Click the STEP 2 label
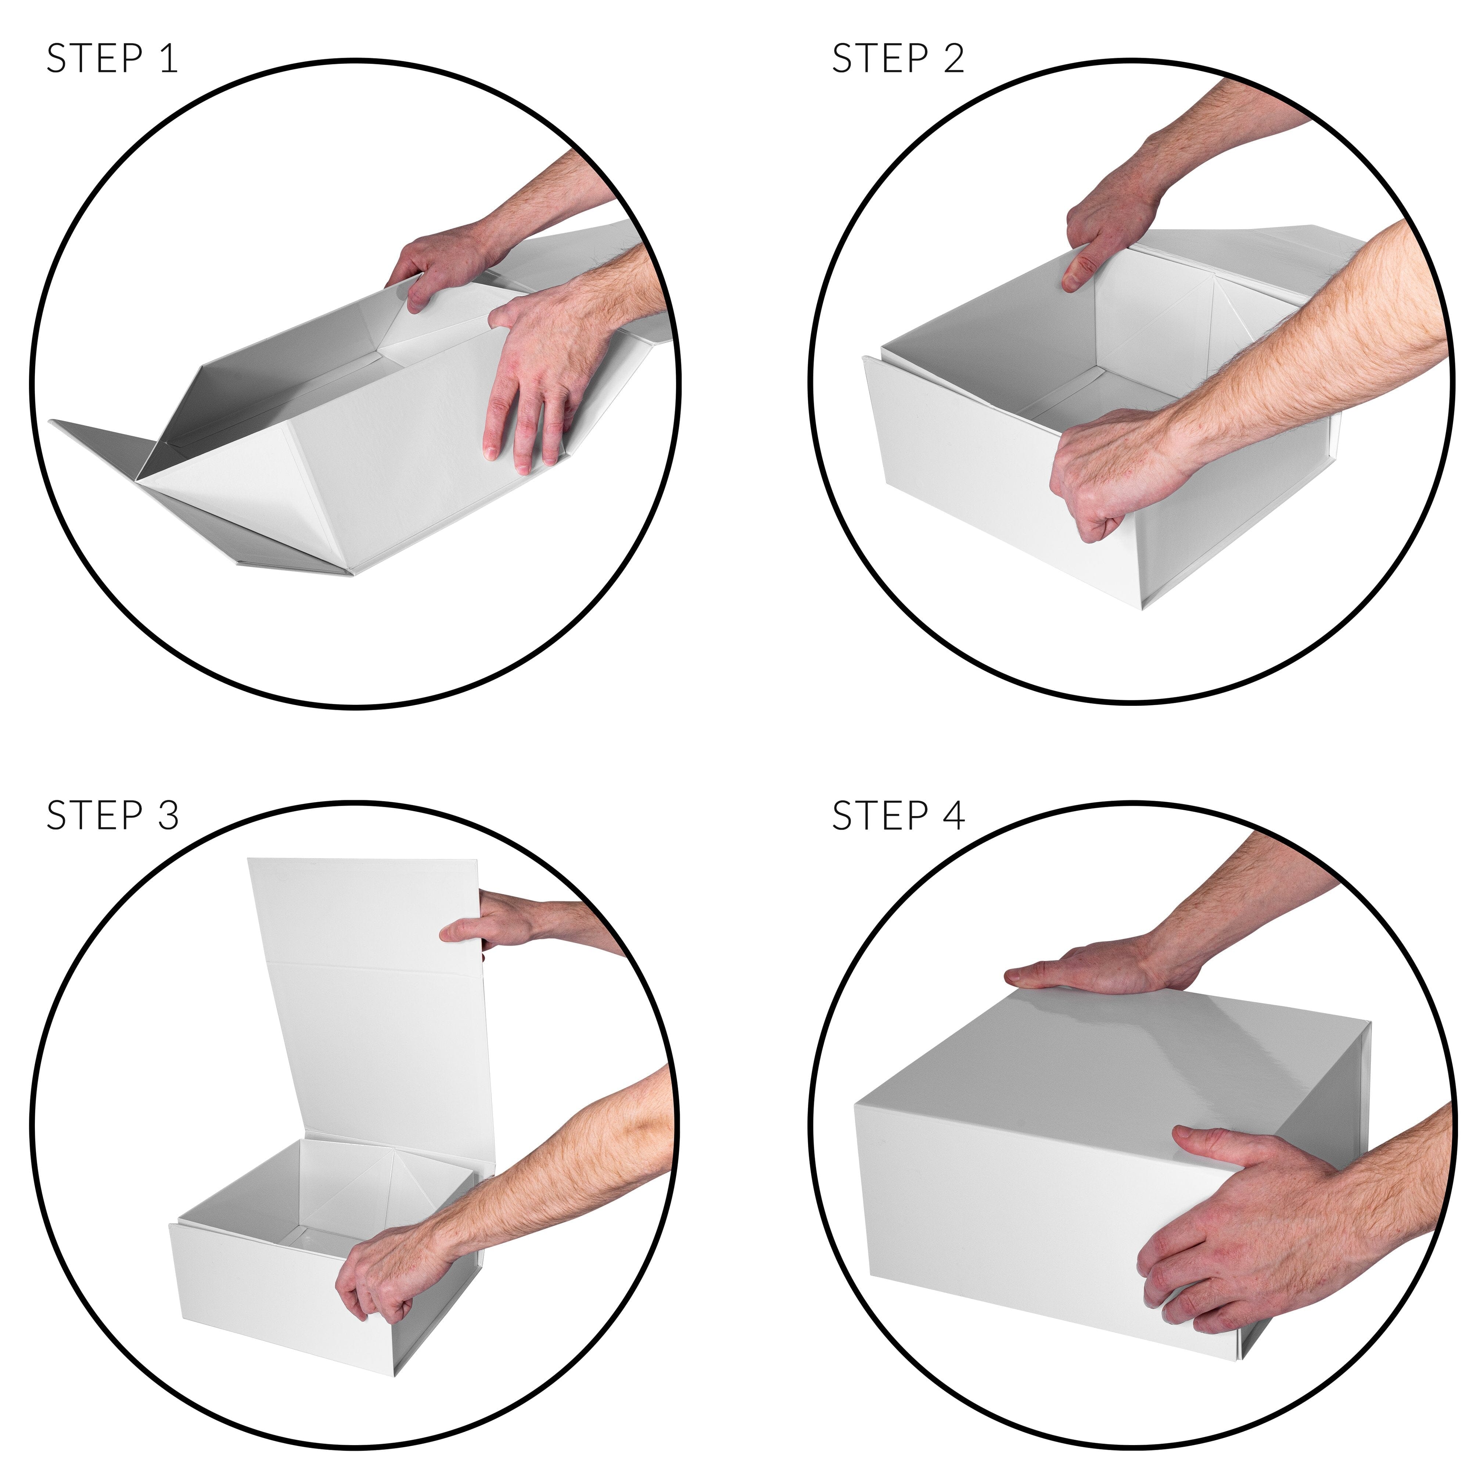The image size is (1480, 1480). point(898,59)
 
